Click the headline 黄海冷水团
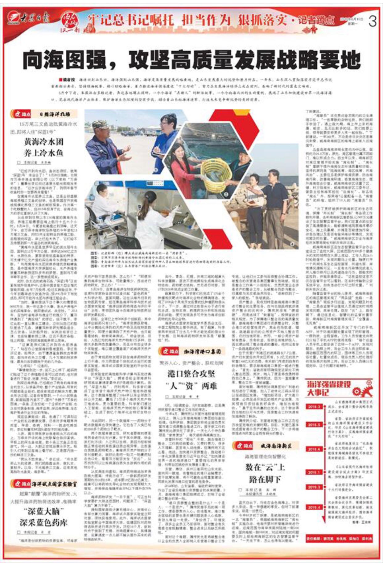click(44, 142)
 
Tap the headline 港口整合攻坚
click(191, 374)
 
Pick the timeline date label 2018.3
click(315, 407)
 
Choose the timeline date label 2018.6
click(315, 449)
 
